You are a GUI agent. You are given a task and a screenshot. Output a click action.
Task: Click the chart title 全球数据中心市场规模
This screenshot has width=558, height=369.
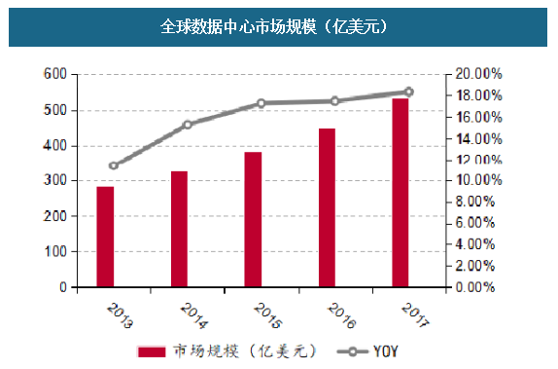pos(279,25)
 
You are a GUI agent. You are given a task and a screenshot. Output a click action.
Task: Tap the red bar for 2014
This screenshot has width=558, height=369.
pos(179,229)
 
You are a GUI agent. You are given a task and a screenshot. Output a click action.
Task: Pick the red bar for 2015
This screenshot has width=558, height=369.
pos(253,219)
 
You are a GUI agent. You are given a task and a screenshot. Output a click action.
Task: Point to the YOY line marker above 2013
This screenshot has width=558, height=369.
pos(114,166)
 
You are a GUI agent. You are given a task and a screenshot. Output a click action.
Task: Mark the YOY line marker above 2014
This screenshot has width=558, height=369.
pos(188,125)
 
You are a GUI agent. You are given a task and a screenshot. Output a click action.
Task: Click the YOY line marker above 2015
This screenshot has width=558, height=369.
pos(262,103)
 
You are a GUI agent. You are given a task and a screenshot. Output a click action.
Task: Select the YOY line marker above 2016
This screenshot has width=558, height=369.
pos(335,100)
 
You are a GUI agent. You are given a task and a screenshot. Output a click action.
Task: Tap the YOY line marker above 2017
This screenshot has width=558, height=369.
pos(408,92)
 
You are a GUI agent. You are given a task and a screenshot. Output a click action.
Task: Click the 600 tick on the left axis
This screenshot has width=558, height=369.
pos(56,74)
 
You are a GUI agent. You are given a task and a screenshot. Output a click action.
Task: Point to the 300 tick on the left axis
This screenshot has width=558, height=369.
pos(56,181)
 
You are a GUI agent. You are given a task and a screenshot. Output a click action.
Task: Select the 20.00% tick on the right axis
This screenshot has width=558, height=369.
pos(478,74)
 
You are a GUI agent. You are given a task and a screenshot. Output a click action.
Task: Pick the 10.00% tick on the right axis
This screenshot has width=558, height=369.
pos(478,181)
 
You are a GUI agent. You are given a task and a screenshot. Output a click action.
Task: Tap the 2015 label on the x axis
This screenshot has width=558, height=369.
pos(260,314)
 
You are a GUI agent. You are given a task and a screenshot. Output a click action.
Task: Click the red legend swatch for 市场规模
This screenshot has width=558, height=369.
pos(152,351)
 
